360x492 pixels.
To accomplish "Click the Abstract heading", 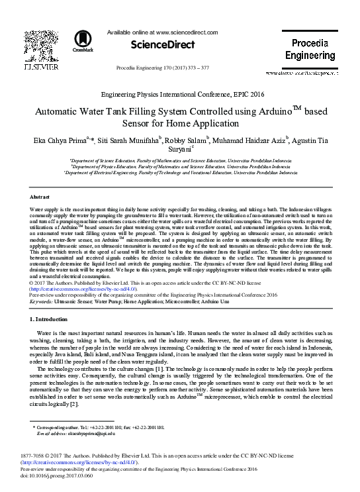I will pos(40,197).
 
